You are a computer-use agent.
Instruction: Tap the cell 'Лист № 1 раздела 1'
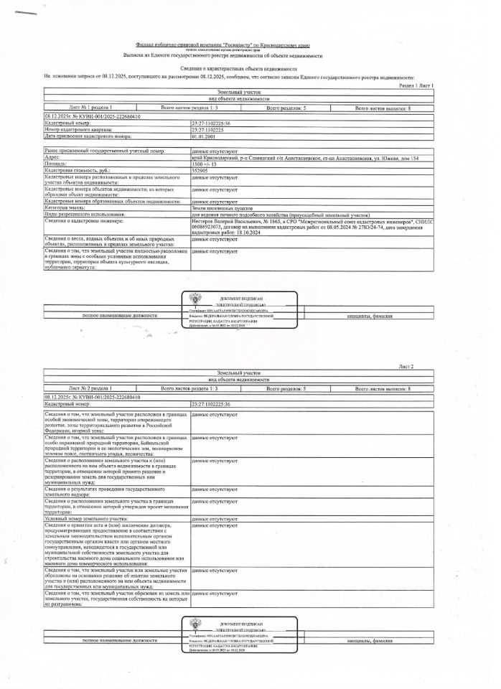(x=91, y=107)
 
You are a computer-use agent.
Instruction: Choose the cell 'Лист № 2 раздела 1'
(x=91, y=388)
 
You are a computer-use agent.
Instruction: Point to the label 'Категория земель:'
(x=69, y=207)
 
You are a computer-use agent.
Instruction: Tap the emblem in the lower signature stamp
(x=197, y=624)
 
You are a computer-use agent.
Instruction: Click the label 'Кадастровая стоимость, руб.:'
(x=79, y=172)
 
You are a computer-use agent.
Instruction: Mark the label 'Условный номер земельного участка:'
(x=90, y=518)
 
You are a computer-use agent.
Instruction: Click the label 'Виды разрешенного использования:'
(x=85, y=215)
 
